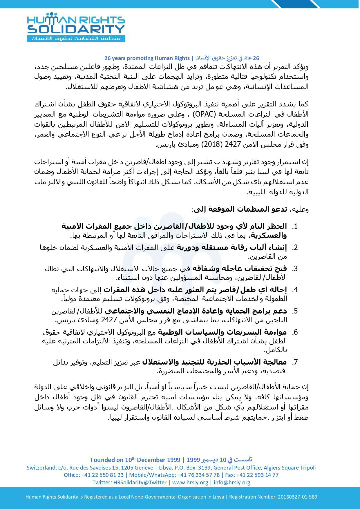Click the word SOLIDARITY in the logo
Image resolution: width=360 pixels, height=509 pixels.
[x=76, y=29]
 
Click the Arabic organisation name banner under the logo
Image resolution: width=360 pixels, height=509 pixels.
[x=76, y=38]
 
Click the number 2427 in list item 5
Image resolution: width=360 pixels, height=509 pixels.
[x=108, y=320]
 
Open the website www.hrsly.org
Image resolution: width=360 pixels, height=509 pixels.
[x=190, y=482]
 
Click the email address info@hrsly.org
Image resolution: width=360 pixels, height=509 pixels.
[x=232, y=482]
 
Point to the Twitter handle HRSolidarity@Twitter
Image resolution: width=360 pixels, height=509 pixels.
[x=140, y=482]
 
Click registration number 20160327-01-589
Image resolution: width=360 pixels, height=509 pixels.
[x=297, y=497]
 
